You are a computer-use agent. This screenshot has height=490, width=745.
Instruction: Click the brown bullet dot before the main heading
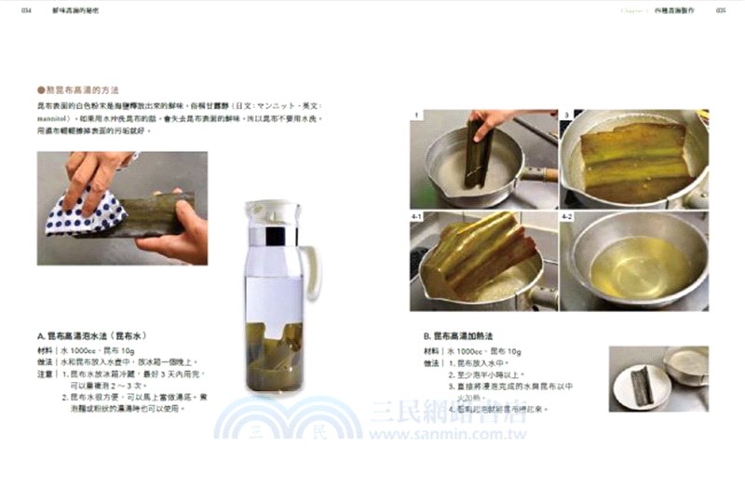[x=41, y=90]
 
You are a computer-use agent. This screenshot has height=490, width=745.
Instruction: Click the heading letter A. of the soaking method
[x=42, y=334]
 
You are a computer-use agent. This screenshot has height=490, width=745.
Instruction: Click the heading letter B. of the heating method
[x=427, y=334]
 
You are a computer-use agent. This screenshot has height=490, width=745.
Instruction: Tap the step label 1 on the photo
[x=417, y=116]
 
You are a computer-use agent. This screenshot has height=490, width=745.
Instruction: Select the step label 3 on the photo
[x=566, y=116]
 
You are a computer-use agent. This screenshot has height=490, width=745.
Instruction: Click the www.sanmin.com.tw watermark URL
[x=448, y=435]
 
